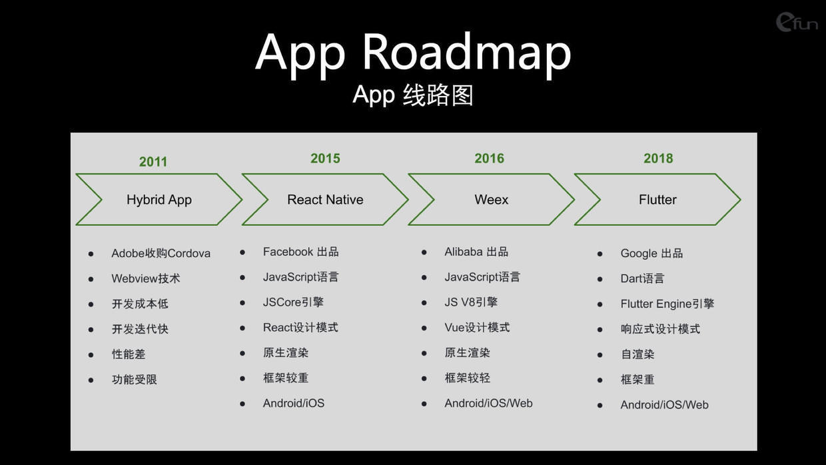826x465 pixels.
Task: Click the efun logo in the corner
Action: (797, 22)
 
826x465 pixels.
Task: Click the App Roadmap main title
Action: (413, 53)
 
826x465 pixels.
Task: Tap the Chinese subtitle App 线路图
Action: (412, 95)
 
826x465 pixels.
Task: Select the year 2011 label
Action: (153, 161)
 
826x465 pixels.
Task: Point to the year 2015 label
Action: (325, 158)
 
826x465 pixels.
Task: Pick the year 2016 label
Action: (490, 158)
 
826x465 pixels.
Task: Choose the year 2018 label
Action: (658, 158)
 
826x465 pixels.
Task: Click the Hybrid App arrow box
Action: (159, 199)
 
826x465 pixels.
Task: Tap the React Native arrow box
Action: (325, 199)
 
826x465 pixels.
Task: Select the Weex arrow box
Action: (491, 199)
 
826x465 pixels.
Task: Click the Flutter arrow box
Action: (657, 199)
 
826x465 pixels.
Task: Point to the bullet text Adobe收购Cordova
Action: (161, 253)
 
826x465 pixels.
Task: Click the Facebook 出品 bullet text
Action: (300, 252)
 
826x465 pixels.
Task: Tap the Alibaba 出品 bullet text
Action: (476, 252)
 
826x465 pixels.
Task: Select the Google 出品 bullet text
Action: (651, 253)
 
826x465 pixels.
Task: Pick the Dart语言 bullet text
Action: (642, 278)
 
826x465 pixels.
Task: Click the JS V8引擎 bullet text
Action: (471, 302)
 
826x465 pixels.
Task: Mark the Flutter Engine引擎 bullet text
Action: (667, 304)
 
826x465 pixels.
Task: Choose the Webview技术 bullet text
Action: (146, 278)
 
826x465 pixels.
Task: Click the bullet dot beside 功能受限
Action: (91, 380)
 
